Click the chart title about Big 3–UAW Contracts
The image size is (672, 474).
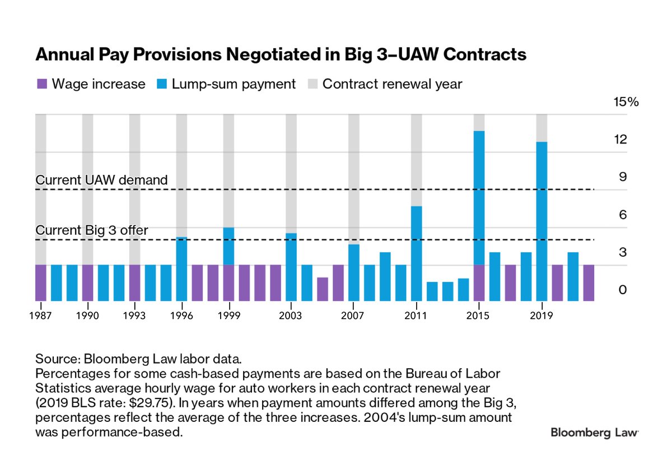tap(281, 55)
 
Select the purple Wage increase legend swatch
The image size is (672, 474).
tap(41, 84)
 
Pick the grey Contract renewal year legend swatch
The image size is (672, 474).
tap(312, 84)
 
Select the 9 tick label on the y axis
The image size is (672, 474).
tap(622, 178)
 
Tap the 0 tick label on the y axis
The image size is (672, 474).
tap(622, 290)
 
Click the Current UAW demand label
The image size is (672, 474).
tap(101, 180)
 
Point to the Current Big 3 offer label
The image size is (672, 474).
tap(92, 230)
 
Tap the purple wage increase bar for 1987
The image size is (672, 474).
tap(41, 283)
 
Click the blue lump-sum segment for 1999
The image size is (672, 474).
tap(228, 246)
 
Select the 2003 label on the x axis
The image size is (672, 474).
tap(291, 316)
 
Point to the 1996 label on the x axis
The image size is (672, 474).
tap(182, 316)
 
